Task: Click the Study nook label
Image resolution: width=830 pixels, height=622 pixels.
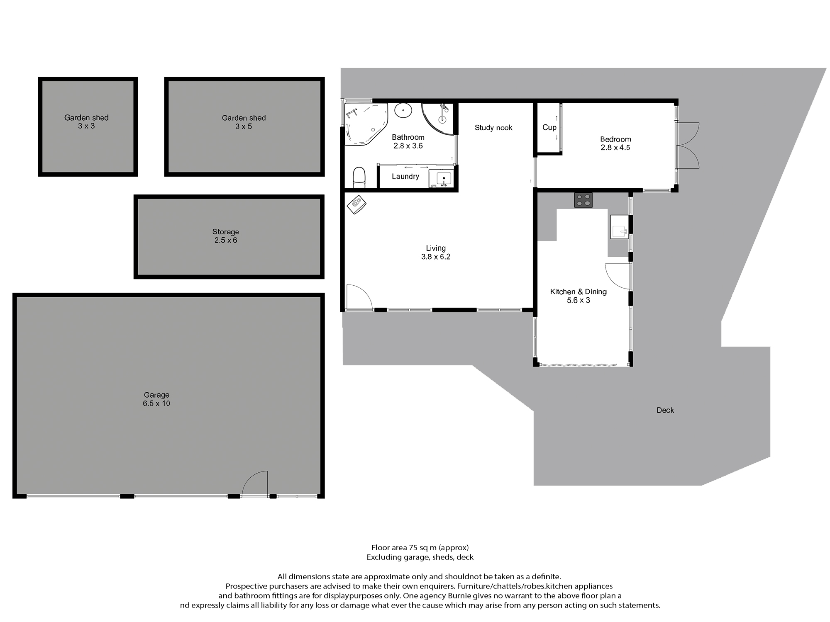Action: (x=493, y=128)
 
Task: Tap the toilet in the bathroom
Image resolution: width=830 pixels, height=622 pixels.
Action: (x=359, y=177)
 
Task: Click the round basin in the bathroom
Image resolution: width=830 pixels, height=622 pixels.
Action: (x=403, y=111)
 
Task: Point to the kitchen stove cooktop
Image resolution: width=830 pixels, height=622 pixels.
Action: (x=583, y=200)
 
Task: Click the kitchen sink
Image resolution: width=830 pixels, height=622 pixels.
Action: (x=619, y=226)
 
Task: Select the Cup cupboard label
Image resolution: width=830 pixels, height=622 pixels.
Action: (x=549, y=127)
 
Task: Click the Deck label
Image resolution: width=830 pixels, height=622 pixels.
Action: (x=665, y=410)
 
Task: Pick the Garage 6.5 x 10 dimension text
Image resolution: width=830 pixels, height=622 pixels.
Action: (x=156, y=403)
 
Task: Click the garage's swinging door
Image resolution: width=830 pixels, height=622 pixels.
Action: (x=255, y=483)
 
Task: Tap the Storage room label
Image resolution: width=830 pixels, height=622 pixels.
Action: (x=225, y=232)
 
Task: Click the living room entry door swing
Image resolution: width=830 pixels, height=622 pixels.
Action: (x=359, y=297)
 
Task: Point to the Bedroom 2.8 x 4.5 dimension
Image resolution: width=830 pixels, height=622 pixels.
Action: (x=615, y=148)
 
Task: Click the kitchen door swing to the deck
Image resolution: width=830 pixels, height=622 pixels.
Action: (x=618, y=276)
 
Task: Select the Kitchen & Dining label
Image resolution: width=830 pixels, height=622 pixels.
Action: (x=579, y=292)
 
